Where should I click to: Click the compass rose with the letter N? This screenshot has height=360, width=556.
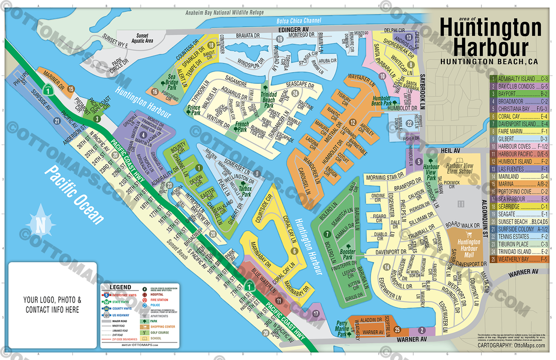[x=41, y=226]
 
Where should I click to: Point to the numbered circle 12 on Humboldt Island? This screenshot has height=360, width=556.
[x=353, y=122]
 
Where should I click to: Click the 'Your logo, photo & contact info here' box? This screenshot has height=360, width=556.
[x=52, y=304]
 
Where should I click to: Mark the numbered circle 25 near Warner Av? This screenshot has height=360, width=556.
[x=397, y=330]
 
